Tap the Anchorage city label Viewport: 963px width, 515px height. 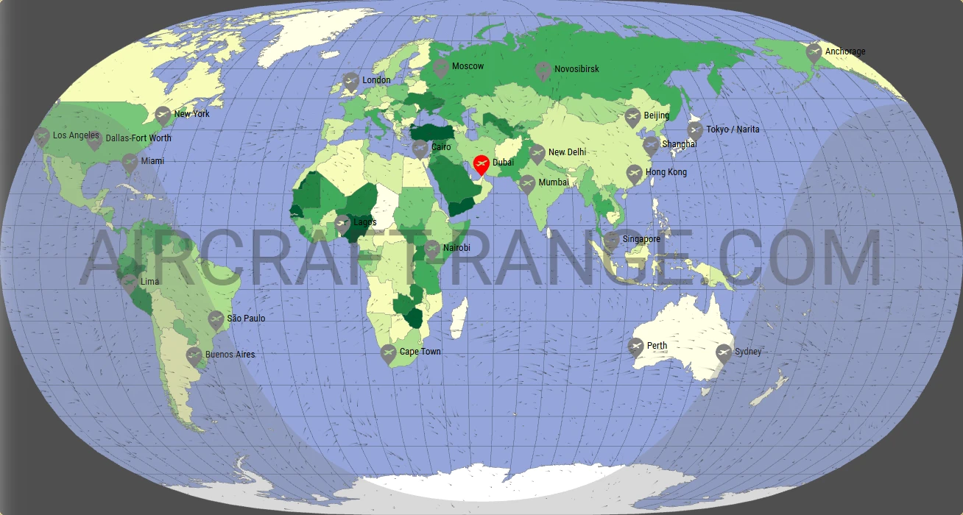pyautogui.click(x=844, y=51)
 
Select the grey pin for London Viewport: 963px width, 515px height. pyautogui.click(x=351, y=81)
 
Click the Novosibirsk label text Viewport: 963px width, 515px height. pyautogui.click(x=576, y=69)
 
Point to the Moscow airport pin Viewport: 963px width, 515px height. pyautogui.click(x=441, y=68)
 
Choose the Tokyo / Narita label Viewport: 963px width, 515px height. pyautogui.click(x=733, y=129)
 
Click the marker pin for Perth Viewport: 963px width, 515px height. pyautogui.click(x=636, y=347)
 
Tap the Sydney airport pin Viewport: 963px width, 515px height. pyautogui.click(x=724, y=353)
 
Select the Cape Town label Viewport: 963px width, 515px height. pyautogui.click(x=420, y=352)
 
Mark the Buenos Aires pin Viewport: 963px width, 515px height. pyautogui.click(x=194, y=356)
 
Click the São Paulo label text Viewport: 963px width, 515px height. pyautogui.click(x=246, y=319)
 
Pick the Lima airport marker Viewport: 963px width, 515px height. pyautogui.click(x=129, y=283)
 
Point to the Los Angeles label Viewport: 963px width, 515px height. pyautogui.click(x=76, y=135)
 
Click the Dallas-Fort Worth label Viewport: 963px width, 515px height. pyautogui.click(x=138, y=138)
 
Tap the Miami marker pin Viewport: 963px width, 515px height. pyautogui.click(x=130, y=162)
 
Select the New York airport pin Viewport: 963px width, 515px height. pyautogui.click(x=163, y=115)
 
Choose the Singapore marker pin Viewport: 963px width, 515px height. pyautogui.click(x=612, y=241)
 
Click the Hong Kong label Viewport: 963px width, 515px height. pyautogui.click(x=666, y=172)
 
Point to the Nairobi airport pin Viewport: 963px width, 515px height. pyautogui.click(x=431, y=249)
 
